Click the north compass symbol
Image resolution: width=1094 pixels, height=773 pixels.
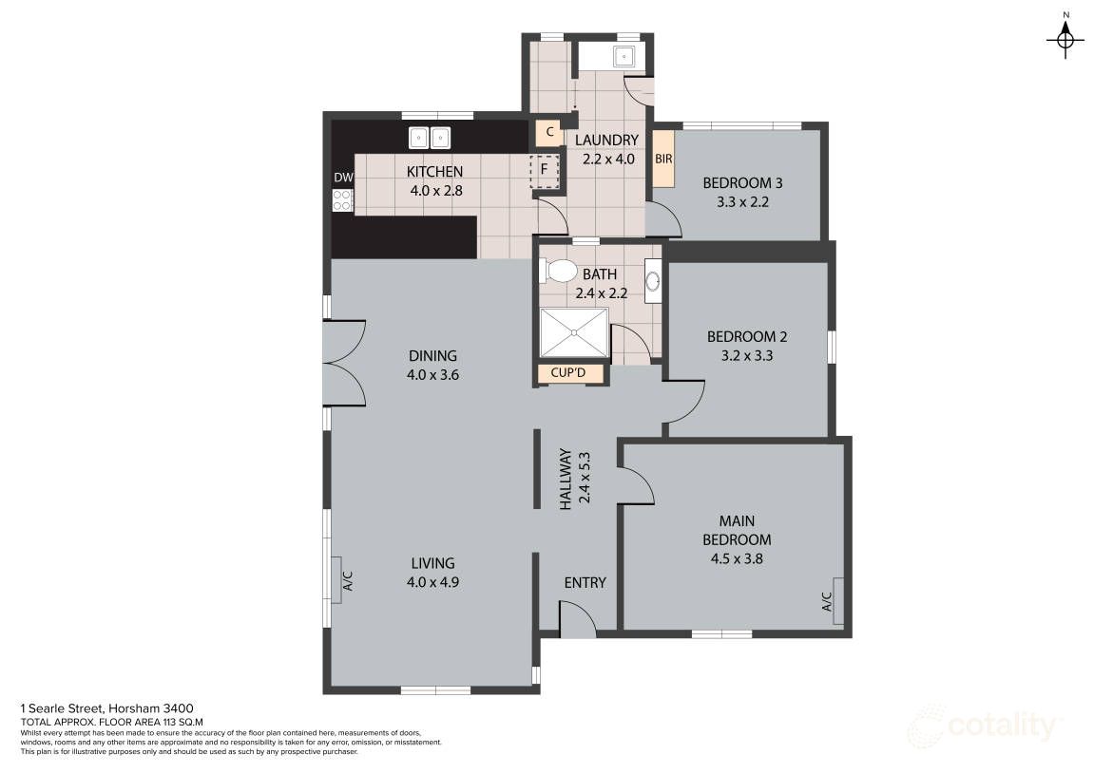click(1065, 38)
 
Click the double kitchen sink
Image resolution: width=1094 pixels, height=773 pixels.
click(430, 138)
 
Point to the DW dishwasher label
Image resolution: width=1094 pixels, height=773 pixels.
click(343, 178)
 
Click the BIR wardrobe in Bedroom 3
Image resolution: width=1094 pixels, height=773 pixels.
click(663, 159)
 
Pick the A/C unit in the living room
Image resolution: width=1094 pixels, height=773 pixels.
click(337, 580)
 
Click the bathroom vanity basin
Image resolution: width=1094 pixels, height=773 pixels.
click(653, 280)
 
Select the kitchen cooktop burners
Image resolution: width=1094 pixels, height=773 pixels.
click(342, 200)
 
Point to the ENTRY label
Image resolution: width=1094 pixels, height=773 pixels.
click(585, 582)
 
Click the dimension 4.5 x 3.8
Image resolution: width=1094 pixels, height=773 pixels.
click(737, 558)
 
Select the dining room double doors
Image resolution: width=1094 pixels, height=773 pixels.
click(344, 363)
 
